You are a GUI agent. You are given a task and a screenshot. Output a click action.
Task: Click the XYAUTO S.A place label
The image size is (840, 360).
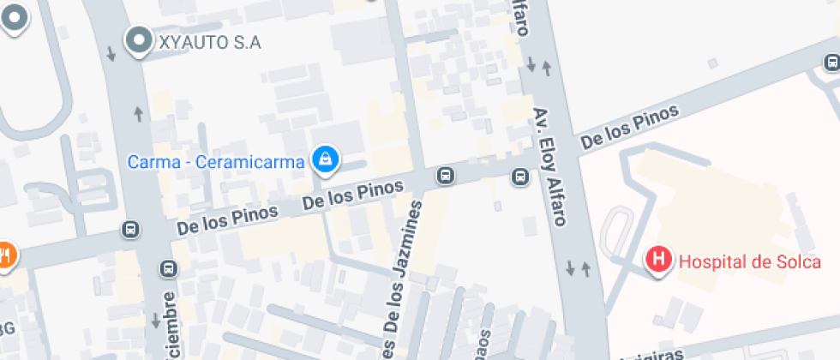pyautogui.click(x=208, y=42)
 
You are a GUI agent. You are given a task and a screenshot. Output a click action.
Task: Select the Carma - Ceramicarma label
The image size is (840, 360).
pyautogui.click(x=216, y=161)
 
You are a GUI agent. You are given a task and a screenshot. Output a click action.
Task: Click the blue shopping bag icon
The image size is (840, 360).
pyautogui.click(x=325, y=158)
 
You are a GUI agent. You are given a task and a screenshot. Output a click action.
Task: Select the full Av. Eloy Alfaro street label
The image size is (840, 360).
pyautogui.click(x=550, y=166)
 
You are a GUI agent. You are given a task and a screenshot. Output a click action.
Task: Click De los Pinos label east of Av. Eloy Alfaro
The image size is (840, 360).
pyautogui.click(x=629, y=128)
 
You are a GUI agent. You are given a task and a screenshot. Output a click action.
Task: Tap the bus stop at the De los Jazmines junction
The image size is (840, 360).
pyautogui.click(x=445, y=176)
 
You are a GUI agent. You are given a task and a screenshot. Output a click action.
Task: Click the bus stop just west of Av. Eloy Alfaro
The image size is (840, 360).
pyautogui.click(x=519, y=177)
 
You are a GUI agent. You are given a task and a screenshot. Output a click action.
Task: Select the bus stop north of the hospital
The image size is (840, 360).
pyautogui.click(x=831, y=62)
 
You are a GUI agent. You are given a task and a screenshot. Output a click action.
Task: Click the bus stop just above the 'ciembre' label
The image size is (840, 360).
pyautogui.click(x=168, y=268)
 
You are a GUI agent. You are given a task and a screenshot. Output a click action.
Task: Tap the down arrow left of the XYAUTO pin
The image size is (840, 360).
pyautogui.click(x=111, y=54)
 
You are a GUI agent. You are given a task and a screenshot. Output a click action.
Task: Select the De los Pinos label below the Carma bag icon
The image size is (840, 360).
pyautogui.click(x=353, y=196)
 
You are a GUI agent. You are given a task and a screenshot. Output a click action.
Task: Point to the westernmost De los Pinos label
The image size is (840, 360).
pyautogui.click(x=227, y=219)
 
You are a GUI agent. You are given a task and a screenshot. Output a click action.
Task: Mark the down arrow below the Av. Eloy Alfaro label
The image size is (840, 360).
pyautogui.click(x=571, y=268)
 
